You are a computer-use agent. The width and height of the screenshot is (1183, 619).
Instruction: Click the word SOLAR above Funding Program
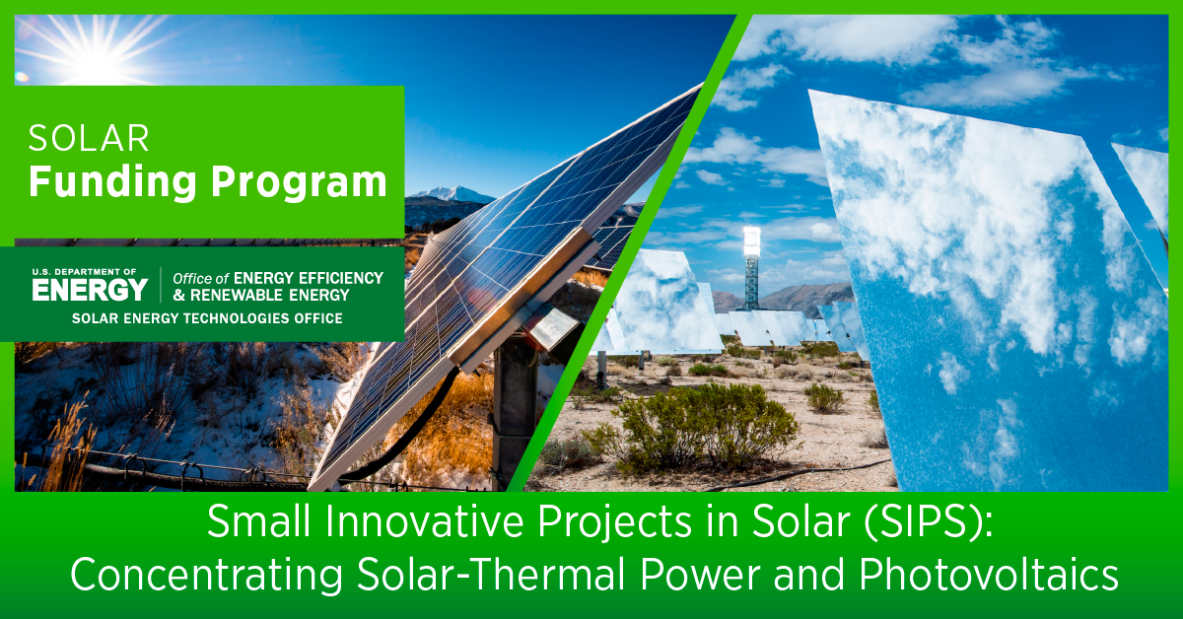coord(89,139)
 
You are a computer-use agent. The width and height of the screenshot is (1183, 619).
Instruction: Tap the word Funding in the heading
coord(112,182)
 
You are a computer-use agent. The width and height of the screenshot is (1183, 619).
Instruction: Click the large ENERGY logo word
coord(90,290)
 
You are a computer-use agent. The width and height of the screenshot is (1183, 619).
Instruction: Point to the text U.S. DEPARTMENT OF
coord(84,272)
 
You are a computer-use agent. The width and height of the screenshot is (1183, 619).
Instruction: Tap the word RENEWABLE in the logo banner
coord(230,296)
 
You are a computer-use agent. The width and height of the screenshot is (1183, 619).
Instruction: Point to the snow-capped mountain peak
coord(455,193)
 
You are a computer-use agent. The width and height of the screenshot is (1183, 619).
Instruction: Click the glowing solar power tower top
coord(751,242)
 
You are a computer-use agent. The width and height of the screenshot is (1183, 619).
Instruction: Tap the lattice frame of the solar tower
coord(751,284)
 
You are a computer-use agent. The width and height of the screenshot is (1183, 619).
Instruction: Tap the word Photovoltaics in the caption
coord(989,575)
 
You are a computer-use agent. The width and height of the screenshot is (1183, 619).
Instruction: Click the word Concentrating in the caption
coord(206,576)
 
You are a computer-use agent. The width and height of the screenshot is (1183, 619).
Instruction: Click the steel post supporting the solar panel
coord(515,412)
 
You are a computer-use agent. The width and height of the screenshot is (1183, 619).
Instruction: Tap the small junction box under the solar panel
coord(553,325)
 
